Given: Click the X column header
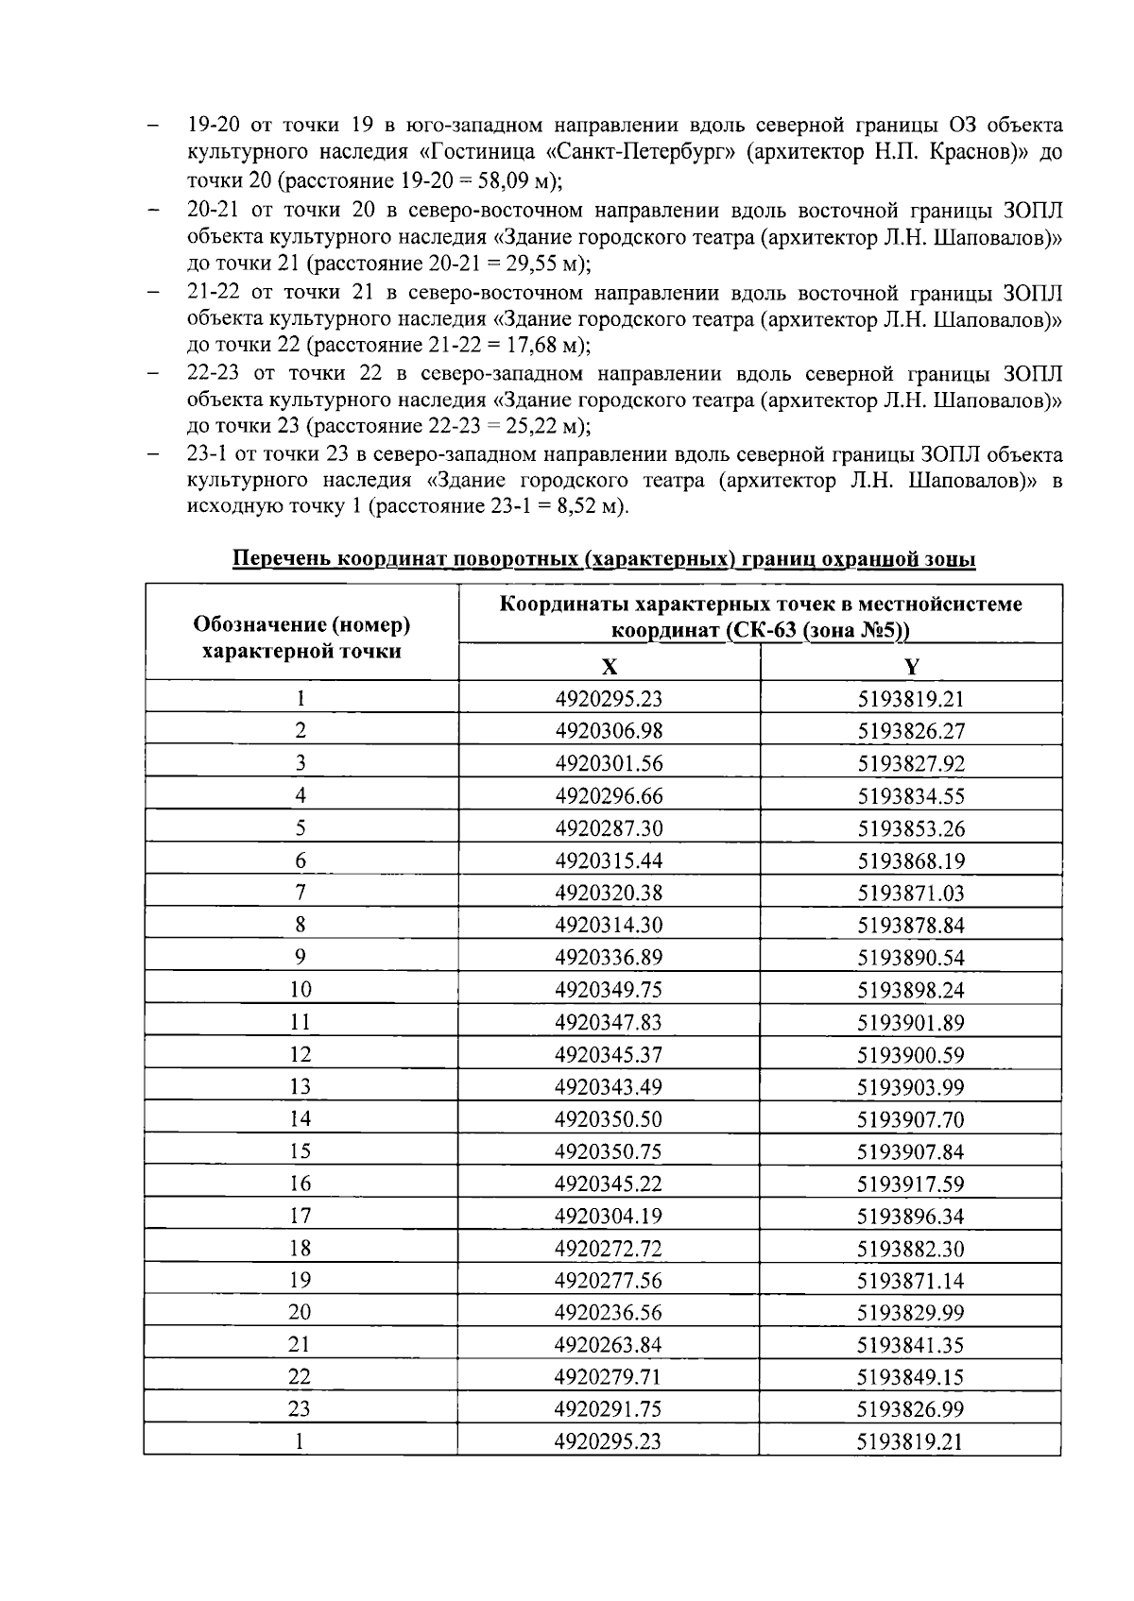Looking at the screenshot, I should coord(610,667).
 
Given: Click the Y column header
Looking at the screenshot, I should coord(911,667).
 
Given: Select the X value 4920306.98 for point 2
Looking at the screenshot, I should coord(610,730).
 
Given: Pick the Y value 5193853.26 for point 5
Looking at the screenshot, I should coord(911,828).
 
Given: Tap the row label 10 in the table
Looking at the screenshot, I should coord(301,989).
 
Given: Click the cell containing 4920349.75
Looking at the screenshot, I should coord(610,989).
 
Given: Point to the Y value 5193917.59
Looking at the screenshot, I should coord(911,1184).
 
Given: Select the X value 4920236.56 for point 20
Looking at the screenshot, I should coord(610,1312).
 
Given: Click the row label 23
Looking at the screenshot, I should coord(301,1408).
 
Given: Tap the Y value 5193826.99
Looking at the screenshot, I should coord(911,1408).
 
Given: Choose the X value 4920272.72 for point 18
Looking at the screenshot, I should coord(610,1249).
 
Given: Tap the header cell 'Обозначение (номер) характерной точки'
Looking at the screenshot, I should coord(301,638).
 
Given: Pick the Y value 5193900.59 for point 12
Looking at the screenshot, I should coord(911,1054).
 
